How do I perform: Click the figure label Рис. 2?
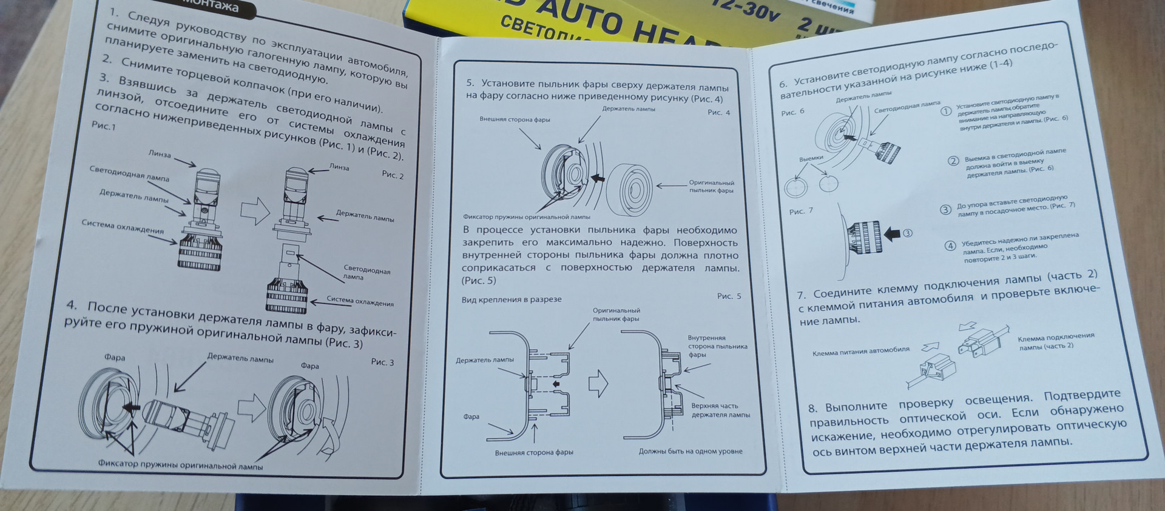point(393,175)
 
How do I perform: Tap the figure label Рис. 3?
point(382,362)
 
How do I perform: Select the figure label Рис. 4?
point(719,113)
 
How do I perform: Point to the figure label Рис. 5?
point(729,296)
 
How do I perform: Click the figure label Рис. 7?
point(801,212)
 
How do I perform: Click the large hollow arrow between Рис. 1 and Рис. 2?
point(254,210)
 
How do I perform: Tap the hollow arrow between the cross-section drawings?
point(598,383)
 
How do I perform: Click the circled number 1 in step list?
point(945,111)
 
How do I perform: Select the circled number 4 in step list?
point(950,245)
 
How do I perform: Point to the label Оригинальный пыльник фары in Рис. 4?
point(711,187)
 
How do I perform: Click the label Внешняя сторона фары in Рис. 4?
point(515,119)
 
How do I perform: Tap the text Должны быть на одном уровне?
point(691,452)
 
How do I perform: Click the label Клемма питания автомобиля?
point(860,350)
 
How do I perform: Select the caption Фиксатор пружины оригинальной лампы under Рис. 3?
point(180,466)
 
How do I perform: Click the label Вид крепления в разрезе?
point(512,299)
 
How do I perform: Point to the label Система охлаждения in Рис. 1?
point(123,227)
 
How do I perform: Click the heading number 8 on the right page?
point(812,409)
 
